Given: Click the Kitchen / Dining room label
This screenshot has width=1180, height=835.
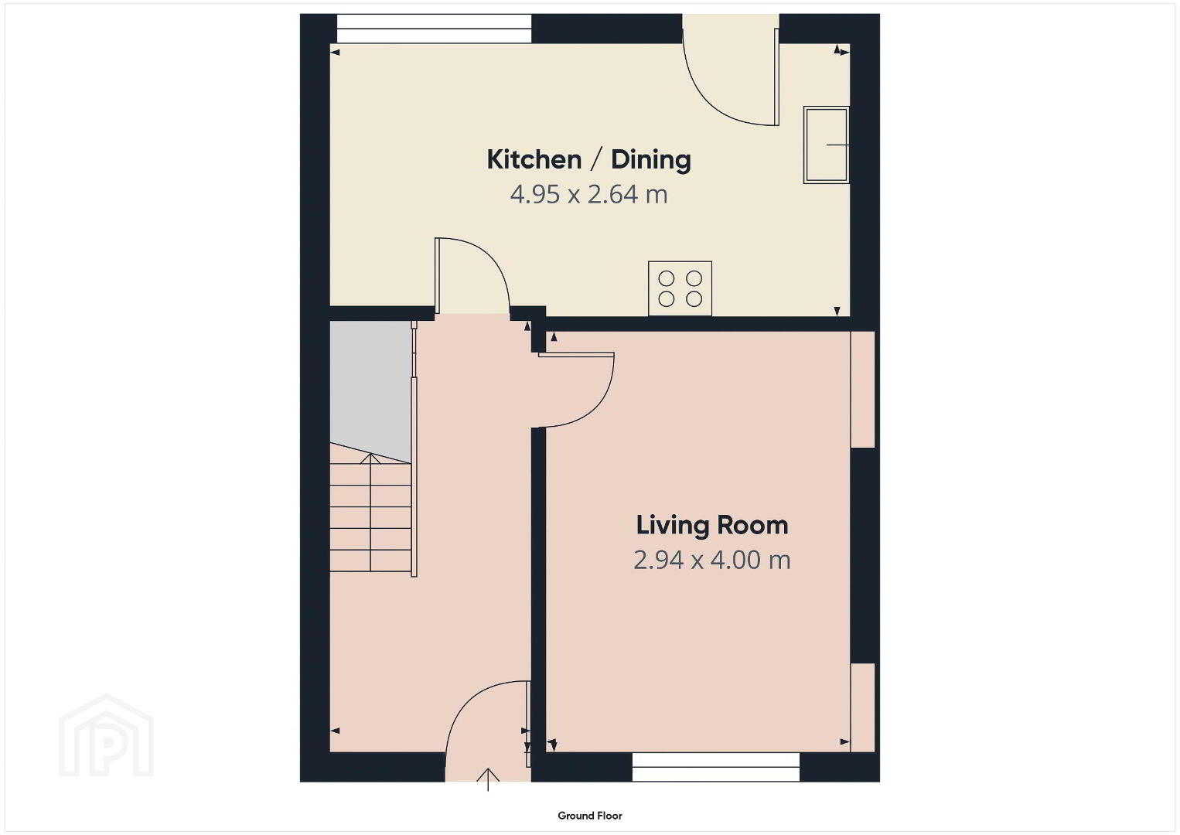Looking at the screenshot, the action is click(588, 159).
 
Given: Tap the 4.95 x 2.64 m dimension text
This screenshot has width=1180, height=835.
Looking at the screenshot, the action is click(588, 194).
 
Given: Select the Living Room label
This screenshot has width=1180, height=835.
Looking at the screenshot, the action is click(711, 525).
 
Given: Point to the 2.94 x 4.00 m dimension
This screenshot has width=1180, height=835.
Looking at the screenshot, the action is click(711, 560).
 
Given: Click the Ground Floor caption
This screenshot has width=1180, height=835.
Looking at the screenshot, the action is click(590, 816).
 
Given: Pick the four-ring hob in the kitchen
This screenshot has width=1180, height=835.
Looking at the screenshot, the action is click(680, 288).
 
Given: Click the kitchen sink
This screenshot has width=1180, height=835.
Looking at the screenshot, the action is click(826, 145).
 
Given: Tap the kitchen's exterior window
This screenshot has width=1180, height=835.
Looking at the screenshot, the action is click(434, 29).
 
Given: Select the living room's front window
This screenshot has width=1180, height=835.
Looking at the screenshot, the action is click(716, 766).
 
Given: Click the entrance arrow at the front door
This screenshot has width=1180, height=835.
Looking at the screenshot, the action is click(489, 779).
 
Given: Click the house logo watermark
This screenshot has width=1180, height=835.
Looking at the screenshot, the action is click(106, 735).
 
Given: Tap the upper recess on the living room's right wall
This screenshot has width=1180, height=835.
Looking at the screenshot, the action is click(863, 390).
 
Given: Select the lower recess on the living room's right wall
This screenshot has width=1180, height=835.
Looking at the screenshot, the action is click(863, 707).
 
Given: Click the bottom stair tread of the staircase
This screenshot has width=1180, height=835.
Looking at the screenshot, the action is click(370, 561).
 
